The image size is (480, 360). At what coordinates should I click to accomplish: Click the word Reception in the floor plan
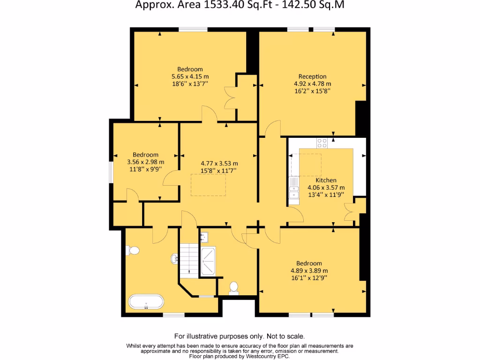point(312,76)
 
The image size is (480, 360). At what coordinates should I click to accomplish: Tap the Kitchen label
point(325,180)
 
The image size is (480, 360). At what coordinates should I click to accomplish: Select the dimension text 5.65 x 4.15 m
point(190,76)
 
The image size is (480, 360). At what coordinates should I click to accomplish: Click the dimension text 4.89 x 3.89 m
point(309,270)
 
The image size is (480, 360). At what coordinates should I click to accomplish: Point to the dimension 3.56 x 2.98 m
point(145,162)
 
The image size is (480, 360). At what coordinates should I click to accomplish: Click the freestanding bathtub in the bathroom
point(145,302)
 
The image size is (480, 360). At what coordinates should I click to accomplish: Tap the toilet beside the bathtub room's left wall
point(133,251)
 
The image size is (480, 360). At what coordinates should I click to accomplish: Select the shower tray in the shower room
point(208,261)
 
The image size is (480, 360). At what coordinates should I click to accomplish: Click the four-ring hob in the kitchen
point(322,142)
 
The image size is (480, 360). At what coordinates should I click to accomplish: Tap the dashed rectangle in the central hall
point(208,185)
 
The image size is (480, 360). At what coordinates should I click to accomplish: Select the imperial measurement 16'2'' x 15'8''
point(312,91)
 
